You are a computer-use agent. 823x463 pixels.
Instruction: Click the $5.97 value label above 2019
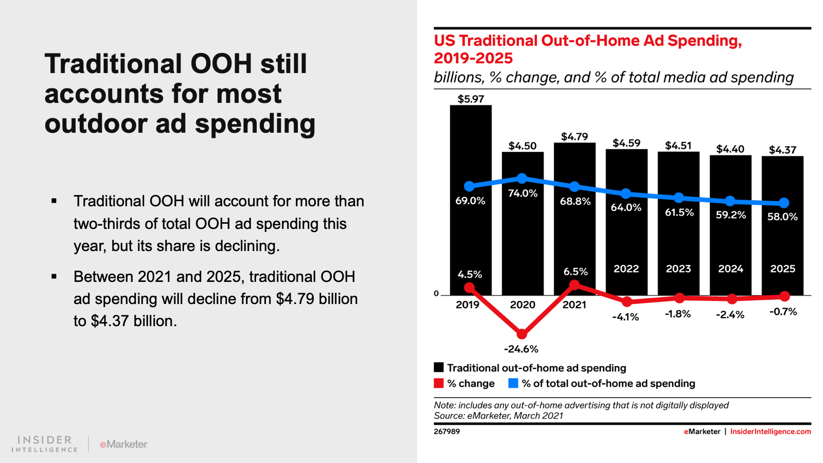click(471, 99)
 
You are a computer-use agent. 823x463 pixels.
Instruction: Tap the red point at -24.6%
click(522, 334)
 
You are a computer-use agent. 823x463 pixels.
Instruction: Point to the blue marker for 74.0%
click(522, 179)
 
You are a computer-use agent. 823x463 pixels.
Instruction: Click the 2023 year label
click(678, 269)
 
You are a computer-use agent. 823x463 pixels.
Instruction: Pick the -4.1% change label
click(625, 317)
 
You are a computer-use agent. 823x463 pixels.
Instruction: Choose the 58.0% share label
click(782, 217)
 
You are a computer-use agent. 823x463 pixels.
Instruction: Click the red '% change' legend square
click(439, 383)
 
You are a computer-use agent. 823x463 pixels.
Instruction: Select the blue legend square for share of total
click(513, 383)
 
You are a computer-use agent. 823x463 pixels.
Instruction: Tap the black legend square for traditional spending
click(439, 367)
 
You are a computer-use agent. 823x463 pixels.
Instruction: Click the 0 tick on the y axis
click(436, 294)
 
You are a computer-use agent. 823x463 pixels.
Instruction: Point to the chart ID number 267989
click(446, 432)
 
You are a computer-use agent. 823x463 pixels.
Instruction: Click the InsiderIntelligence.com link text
click(770, 432)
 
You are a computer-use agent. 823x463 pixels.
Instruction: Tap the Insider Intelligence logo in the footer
click(45, 444)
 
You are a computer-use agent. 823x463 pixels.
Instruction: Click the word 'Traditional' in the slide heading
click(113, 64)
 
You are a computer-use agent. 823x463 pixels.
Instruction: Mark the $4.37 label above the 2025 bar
click(782, 150)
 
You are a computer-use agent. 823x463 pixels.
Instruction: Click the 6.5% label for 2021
click(575, 272)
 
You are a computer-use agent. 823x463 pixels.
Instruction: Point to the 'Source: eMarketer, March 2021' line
click(498, 416)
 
